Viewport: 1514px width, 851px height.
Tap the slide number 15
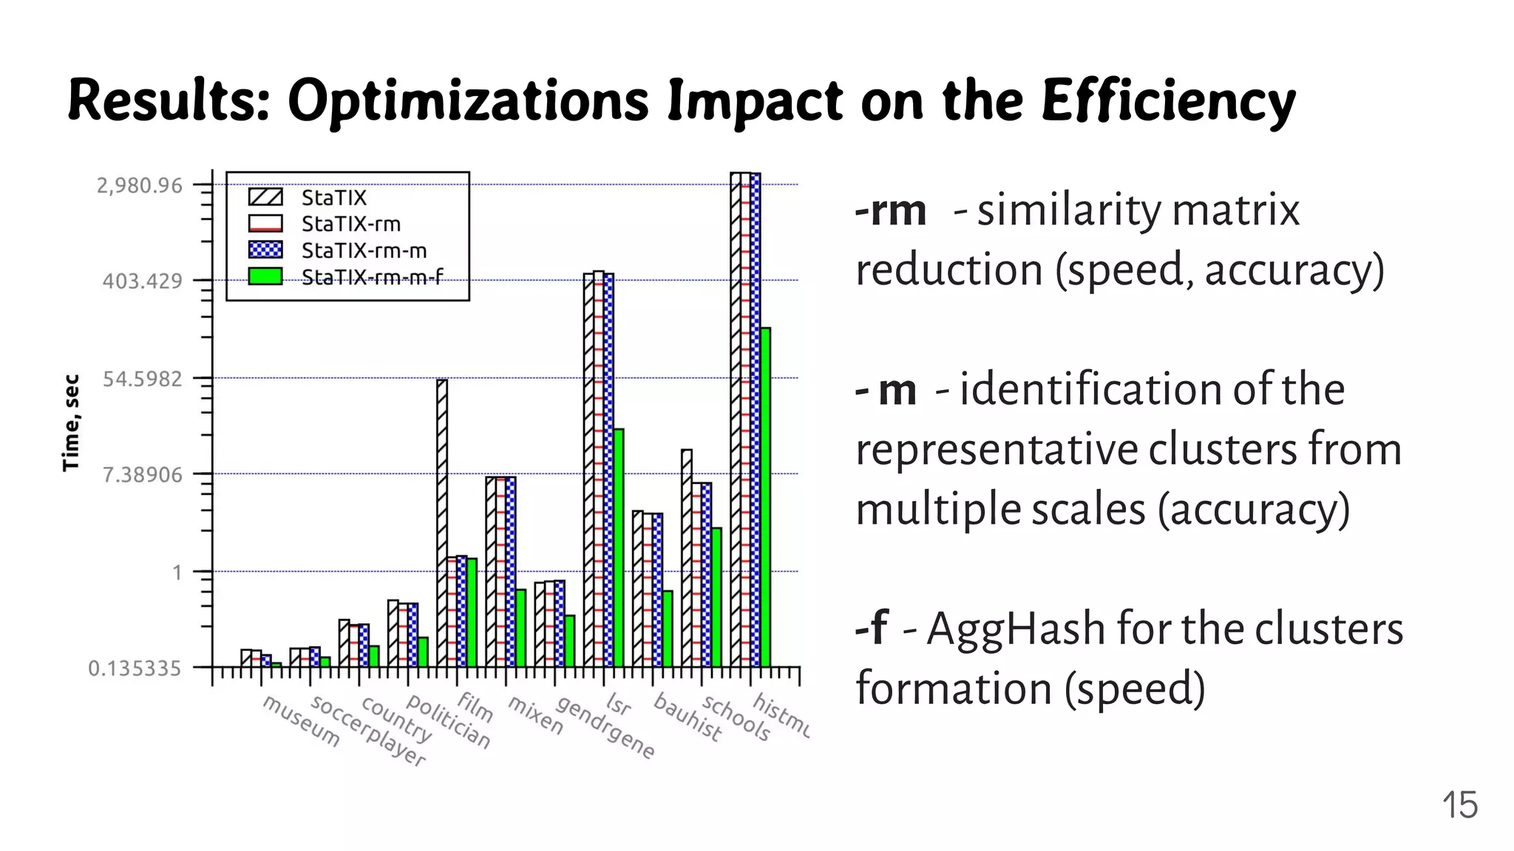pyautogui.click(x=1459, y=805)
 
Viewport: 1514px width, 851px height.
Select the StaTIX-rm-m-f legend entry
pyautogui.click(x=372, y=277)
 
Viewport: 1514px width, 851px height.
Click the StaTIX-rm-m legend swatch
pyautogui.click(x=265, y=250)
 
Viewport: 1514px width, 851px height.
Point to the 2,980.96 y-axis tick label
pyautogui.click(x=139, y=185)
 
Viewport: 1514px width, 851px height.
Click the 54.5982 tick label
pyautogui.click(x=141, y=379)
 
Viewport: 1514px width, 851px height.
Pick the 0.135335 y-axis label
pyautogui.click(x=134, y=669)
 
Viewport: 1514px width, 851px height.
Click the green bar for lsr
pyautogui.click(x=619, y=547)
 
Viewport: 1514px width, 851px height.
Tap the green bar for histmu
pyautogui.click(x=765, y=496)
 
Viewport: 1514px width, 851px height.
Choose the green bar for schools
pyautogui.click(x=716, y=596)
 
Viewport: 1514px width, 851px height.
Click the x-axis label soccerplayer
pyautogui.click(x=368, y=731)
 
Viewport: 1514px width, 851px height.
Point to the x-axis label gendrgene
pyautogui.click(x=605, y=728)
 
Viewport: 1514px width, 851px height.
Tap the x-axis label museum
pyautogui.click(x=301, y=721)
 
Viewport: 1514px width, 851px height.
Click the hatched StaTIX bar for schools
pyautogui.click(x=687, y=558)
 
